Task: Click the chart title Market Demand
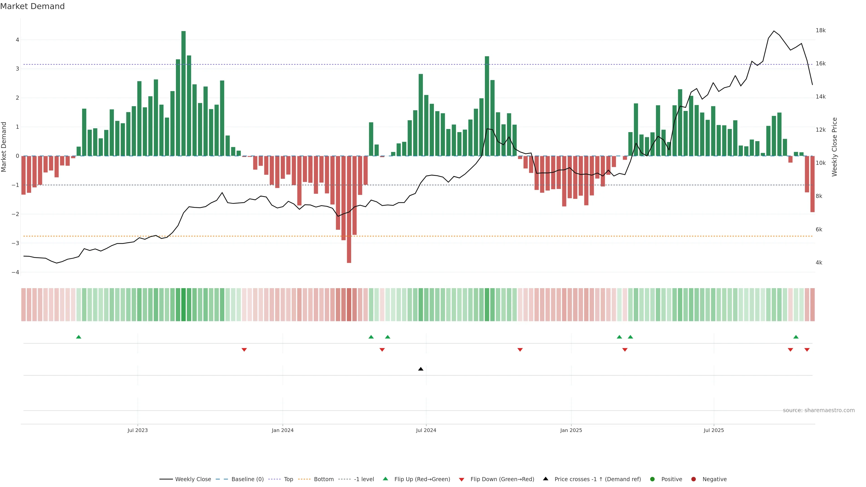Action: click(32, 6)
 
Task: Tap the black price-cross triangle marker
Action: click(421, 369)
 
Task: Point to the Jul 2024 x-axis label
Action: click(426, 430)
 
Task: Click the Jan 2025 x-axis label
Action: click(571, 430)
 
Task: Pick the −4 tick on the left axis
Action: click(15, 272)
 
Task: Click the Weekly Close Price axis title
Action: click(834, 147)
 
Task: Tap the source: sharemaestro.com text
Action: click(819, 410)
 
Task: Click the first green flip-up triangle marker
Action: click(79, 337)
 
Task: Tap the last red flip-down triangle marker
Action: click(807, 350)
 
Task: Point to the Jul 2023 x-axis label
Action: click(138, 430)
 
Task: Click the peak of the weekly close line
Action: click(774, 31)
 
